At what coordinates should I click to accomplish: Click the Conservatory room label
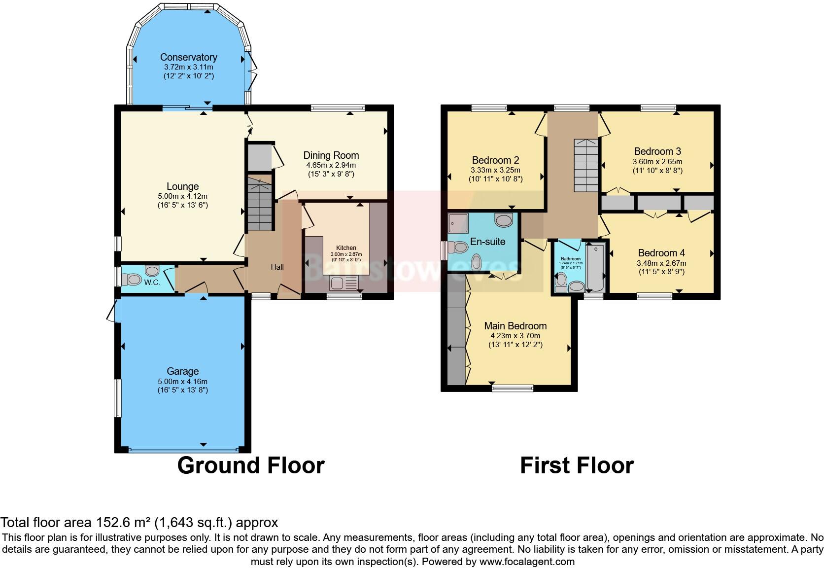tap(188, 57)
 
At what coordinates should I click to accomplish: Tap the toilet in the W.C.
tap(132, 280)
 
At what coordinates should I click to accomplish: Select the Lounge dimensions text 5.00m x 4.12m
tap(182, 196)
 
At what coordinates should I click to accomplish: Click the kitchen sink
tap(338, 284)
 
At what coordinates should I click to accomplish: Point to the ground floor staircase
tap(259, 204)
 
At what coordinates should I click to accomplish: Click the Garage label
tap(182, 371)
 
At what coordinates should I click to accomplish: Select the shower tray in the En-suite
tap(458, 223)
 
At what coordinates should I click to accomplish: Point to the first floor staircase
tap(585, 165)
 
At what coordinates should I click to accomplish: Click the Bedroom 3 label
tap(657, 151)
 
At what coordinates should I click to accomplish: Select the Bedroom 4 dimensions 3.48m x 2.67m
tap(661, 263)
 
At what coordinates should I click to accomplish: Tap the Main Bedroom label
tap(515, 326)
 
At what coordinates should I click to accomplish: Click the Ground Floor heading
tap(250, 465)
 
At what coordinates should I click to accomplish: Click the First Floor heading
tap(577, 465)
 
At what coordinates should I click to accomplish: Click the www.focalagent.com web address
tap(527, 561)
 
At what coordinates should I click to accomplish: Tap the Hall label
tap(277, 267)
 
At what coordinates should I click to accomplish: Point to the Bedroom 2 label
tap(495, 160)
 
